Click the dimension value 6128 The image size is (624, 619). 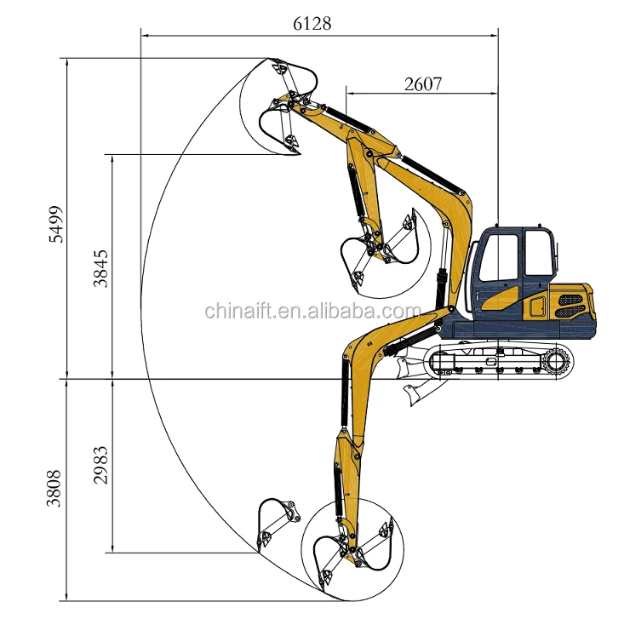point(312,24)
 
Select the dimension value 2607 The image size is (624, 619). point(423,84)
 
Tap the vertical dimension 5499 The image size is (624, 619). point(55,225)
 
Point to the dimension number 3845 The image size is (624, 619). point(100,269)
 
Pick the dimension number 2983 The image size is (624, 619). point(100,465)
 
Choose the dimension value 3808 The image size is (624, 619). point(54,489)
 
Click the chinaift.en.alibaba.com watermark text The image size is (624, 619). point(312,311)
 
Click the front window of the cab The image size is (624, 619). point(499,258)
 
